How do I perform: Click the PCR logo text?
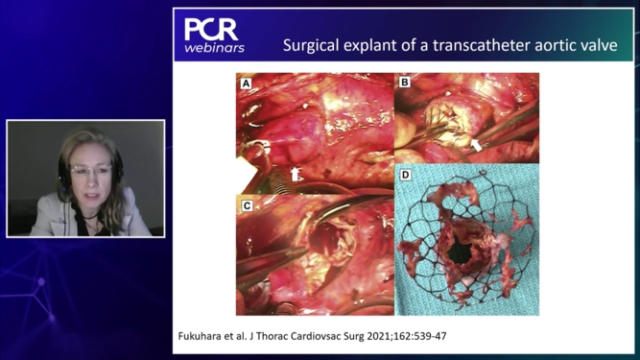[x=211, y=29]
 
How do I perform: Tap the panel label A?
[x=246, y=83]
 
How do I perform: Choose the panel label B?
[x=404, y=83]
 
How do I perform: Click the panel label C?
[x=247, y=205]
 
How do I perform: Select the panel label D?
[x=404, y=175]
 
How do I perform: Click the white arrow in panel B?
[x=476, y=144]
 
